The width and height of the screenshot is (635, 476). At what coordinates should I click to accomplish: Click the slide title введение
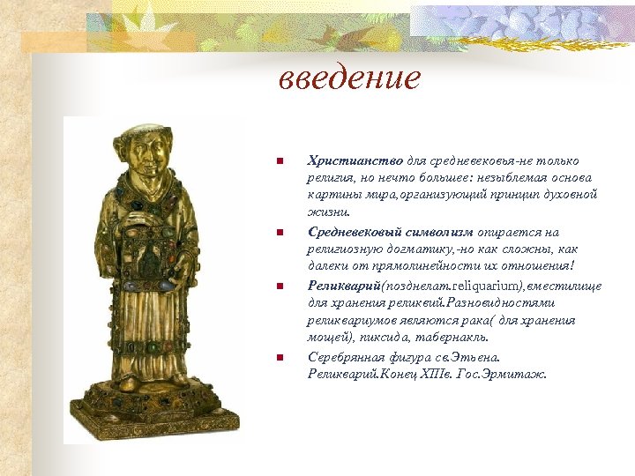click(350, 79)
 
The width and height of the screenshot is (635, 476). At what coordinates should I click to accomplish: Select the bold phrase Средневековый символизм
click(390, 232)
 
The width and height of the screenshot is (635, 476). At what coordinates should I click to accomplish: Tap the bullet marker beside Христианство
click(279, 161)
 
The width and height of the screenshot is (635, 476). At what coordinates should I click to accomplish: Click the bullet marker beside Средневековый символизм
click(279, 233)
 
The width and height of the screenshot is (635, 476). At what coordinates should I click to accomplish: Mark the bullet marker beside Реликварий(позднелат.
click(279, 286)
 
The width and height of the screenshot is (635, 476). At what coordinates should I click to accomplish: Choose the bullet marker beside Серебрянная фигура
click(279, 358)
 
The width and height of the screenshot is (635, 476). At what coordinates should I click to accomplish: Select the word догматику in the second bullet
click(399, 249)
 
